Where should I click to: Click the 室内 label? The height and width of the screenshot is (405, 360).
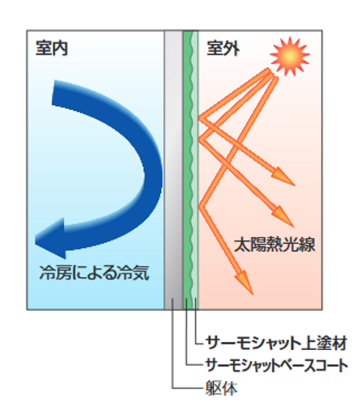tap(52, 48)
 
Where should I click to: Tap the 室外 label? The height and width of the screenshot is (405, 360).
tap(223, 48)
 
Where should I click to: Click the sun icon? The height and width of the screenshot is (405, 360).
tap(290, 56)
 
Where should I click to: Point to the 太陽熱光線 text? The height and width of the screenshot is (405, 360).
tap(275, 244)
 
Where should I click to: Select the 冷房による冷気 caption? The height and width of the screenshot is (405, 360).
tap(94, 273)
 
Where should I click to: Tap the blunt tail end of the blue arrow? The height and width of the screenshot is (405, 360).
tap(53, 92)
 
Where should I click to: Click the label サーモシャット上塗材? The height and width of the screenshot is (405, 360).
tap(276, 343)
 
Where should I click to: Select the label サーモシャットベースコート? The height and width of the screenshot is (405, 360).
tap(277, 365)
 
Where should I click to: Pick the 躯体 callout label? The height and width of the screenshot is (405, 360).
tap(221, 388)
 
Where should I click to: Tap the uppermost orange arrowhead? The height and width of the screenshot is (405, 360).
tap(283, 176)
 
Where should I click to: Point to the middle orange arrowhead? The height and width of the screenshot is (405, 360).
tap(283, 216)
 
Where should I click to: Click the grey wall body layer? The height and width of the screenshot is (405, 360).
tap(173, 170)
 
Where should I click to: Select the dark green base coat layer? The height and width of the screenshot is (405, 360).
tap(188, 170)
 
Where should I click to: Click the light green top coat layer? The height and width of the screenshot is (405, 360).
tap(195, 170)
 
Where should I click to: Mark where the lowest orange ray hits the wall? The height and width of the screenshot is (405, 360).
tap(200, 205)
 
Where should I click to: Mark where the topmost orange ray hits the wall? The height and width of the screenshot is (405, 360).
tap(200, 117)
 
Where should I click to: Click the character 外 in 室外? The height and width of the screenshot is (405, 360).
tap(231, 48)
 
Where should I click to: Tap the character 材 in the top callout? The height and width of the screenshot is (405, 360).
tap(339, 343)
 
